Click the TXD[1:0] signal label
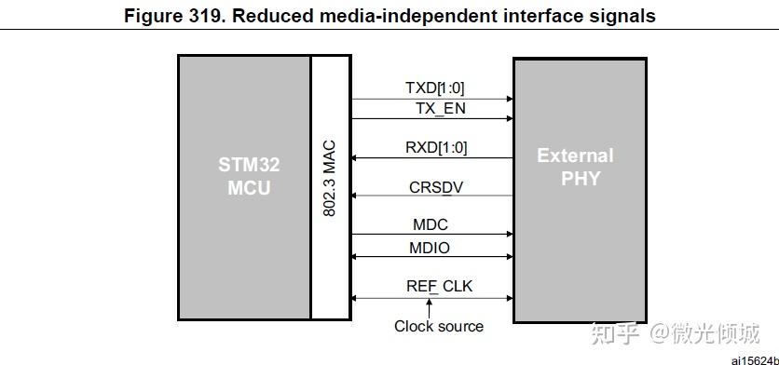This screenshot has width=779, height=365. point(435,88)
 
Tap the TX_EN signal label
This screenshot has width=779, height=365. point(440,108)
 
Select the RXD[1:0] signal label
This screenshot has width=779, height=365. point(436,147)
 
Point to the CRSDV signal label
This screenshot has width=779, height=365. point(436,187)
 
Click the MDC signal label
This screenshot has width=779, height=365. point(430,225)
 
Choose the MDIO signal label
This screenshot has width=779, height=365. point(430,248)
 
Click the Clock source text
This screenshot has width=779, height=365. point(439,326)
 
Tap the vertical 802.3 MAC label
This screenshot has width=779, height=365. point(328,180)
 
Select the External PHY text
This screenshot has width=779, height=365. point(575,167)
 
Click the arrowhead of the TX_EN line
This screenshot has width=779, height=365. point(509,118)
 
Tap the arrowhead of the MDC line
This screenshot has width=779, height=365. point(509,236)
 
